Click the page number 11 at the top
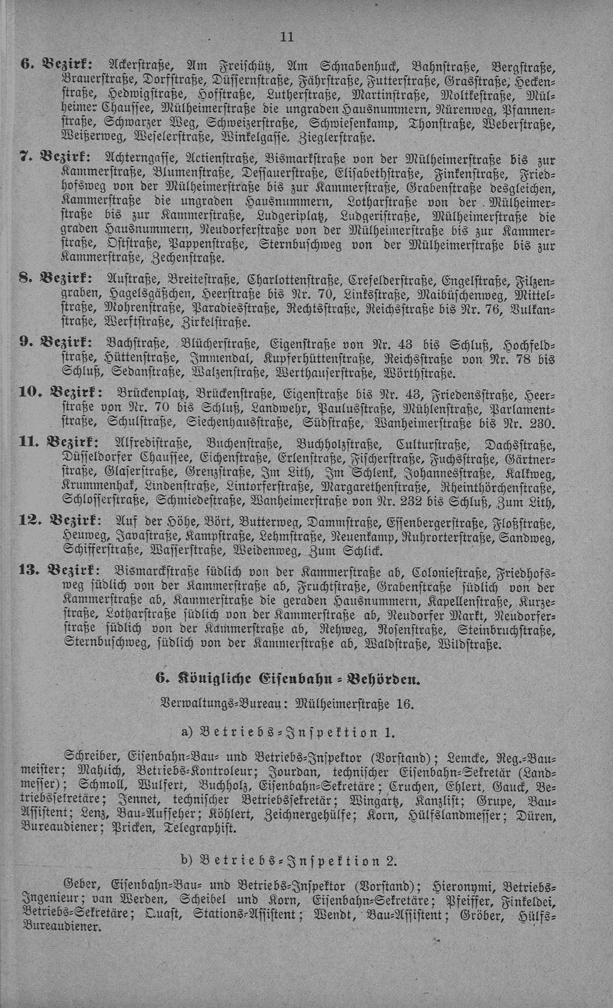coord(287,37)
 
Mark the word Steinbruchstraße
coord(506,631)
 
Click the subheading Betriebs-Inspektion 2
coord(288,861)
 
